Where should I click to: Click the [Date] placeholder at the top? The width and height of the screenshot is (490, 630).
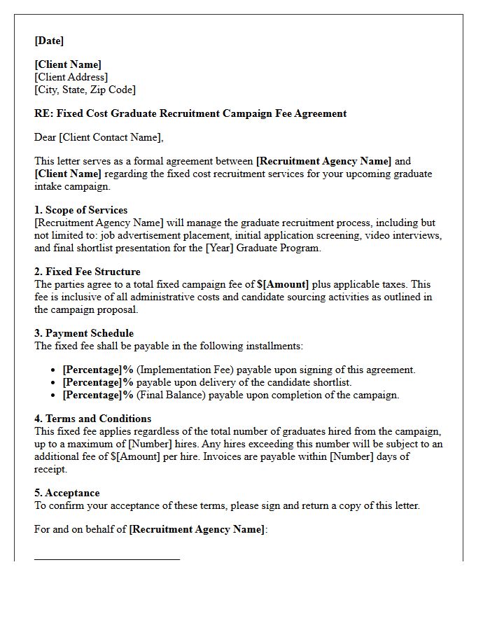tap(49, 41)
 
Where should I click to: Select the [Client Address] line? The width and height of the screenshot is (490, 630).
tap(71, 77)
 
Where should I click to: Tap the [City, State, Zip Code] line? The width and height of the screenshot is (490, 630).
tap(85, 90)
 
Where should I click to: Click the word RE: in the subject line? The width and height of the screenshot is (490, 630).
tap(43, 113)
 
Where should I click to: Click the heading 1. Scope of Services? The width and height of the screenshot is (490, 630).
tap(81, 210)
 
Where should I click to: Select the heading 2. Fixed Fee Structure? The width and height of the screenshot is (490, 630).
tap(87, 272)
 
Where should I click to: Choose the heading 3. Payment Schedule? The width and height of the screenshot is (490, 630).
tap(84, 333)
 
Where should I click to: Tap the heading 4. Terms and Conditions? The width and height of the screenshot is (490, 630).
tap(92, 419)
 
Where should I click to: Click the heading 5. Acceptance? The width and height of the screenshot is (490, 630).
tap(67, 493)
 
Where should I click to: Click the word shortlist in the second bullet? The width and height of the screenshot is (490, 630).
tap(332, 382)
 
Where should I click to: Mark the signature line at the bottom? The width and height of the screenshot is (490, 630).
tap(107, 559)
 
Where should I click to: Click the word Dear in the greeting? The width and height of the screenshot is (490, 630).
tap(45, 137)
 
